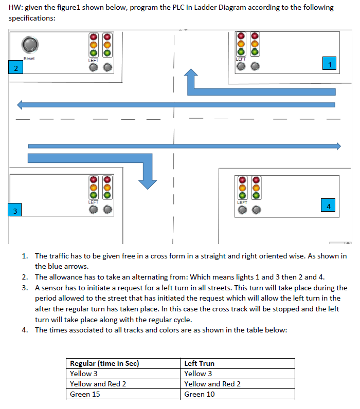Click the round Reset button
pos(29,44)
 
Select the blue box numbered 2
pos(15,68)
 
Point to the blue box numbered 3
pos(15,211)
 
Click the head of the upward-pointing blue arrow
pos(192,75)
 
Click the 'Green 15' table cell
pos(85,394)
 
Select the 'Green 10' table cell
pos(200,394)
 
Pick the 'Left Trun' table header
pos(200,363)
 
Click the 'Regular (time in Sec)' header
pos(104,363)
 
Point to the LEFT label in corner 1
pos(241,59)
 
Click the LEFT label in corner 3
pos(93,202)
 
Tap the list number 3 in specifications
pos(25,288)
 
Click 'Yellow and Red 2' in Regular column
pos(98,384)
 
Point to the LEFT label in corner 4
pos(242,202)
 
